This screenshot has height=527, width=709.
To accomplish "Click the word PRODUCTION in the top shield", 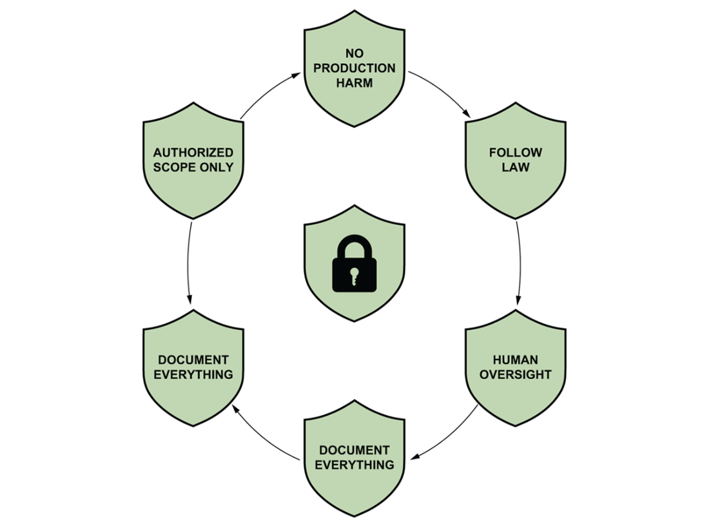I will (x=354, y=68).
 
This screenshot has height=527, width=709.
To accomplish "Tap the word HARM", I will (x=354, y=83).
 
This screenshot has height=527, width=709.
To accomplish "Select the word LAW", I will (x=516, y=168).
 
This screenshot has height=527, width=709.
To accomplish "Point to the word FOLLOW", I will (x=516, y=153).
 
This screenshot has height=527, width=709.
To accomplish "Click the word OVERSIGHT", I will (x=516, y=374).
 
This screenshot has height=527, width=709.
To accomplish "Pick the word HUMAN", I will (x=516, y=359).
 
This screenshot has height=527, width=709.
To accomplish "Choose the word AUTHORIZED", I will (x=193, y=153).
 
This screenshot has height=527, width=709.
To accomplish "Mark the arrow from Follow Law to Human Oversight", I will (x=519, y=264).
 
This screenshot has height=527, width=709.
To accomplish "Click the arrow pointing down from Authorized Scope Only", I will (x=189, y=264).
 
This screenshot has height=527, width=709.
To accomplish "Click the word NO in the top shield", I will (x=354, y=53).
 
